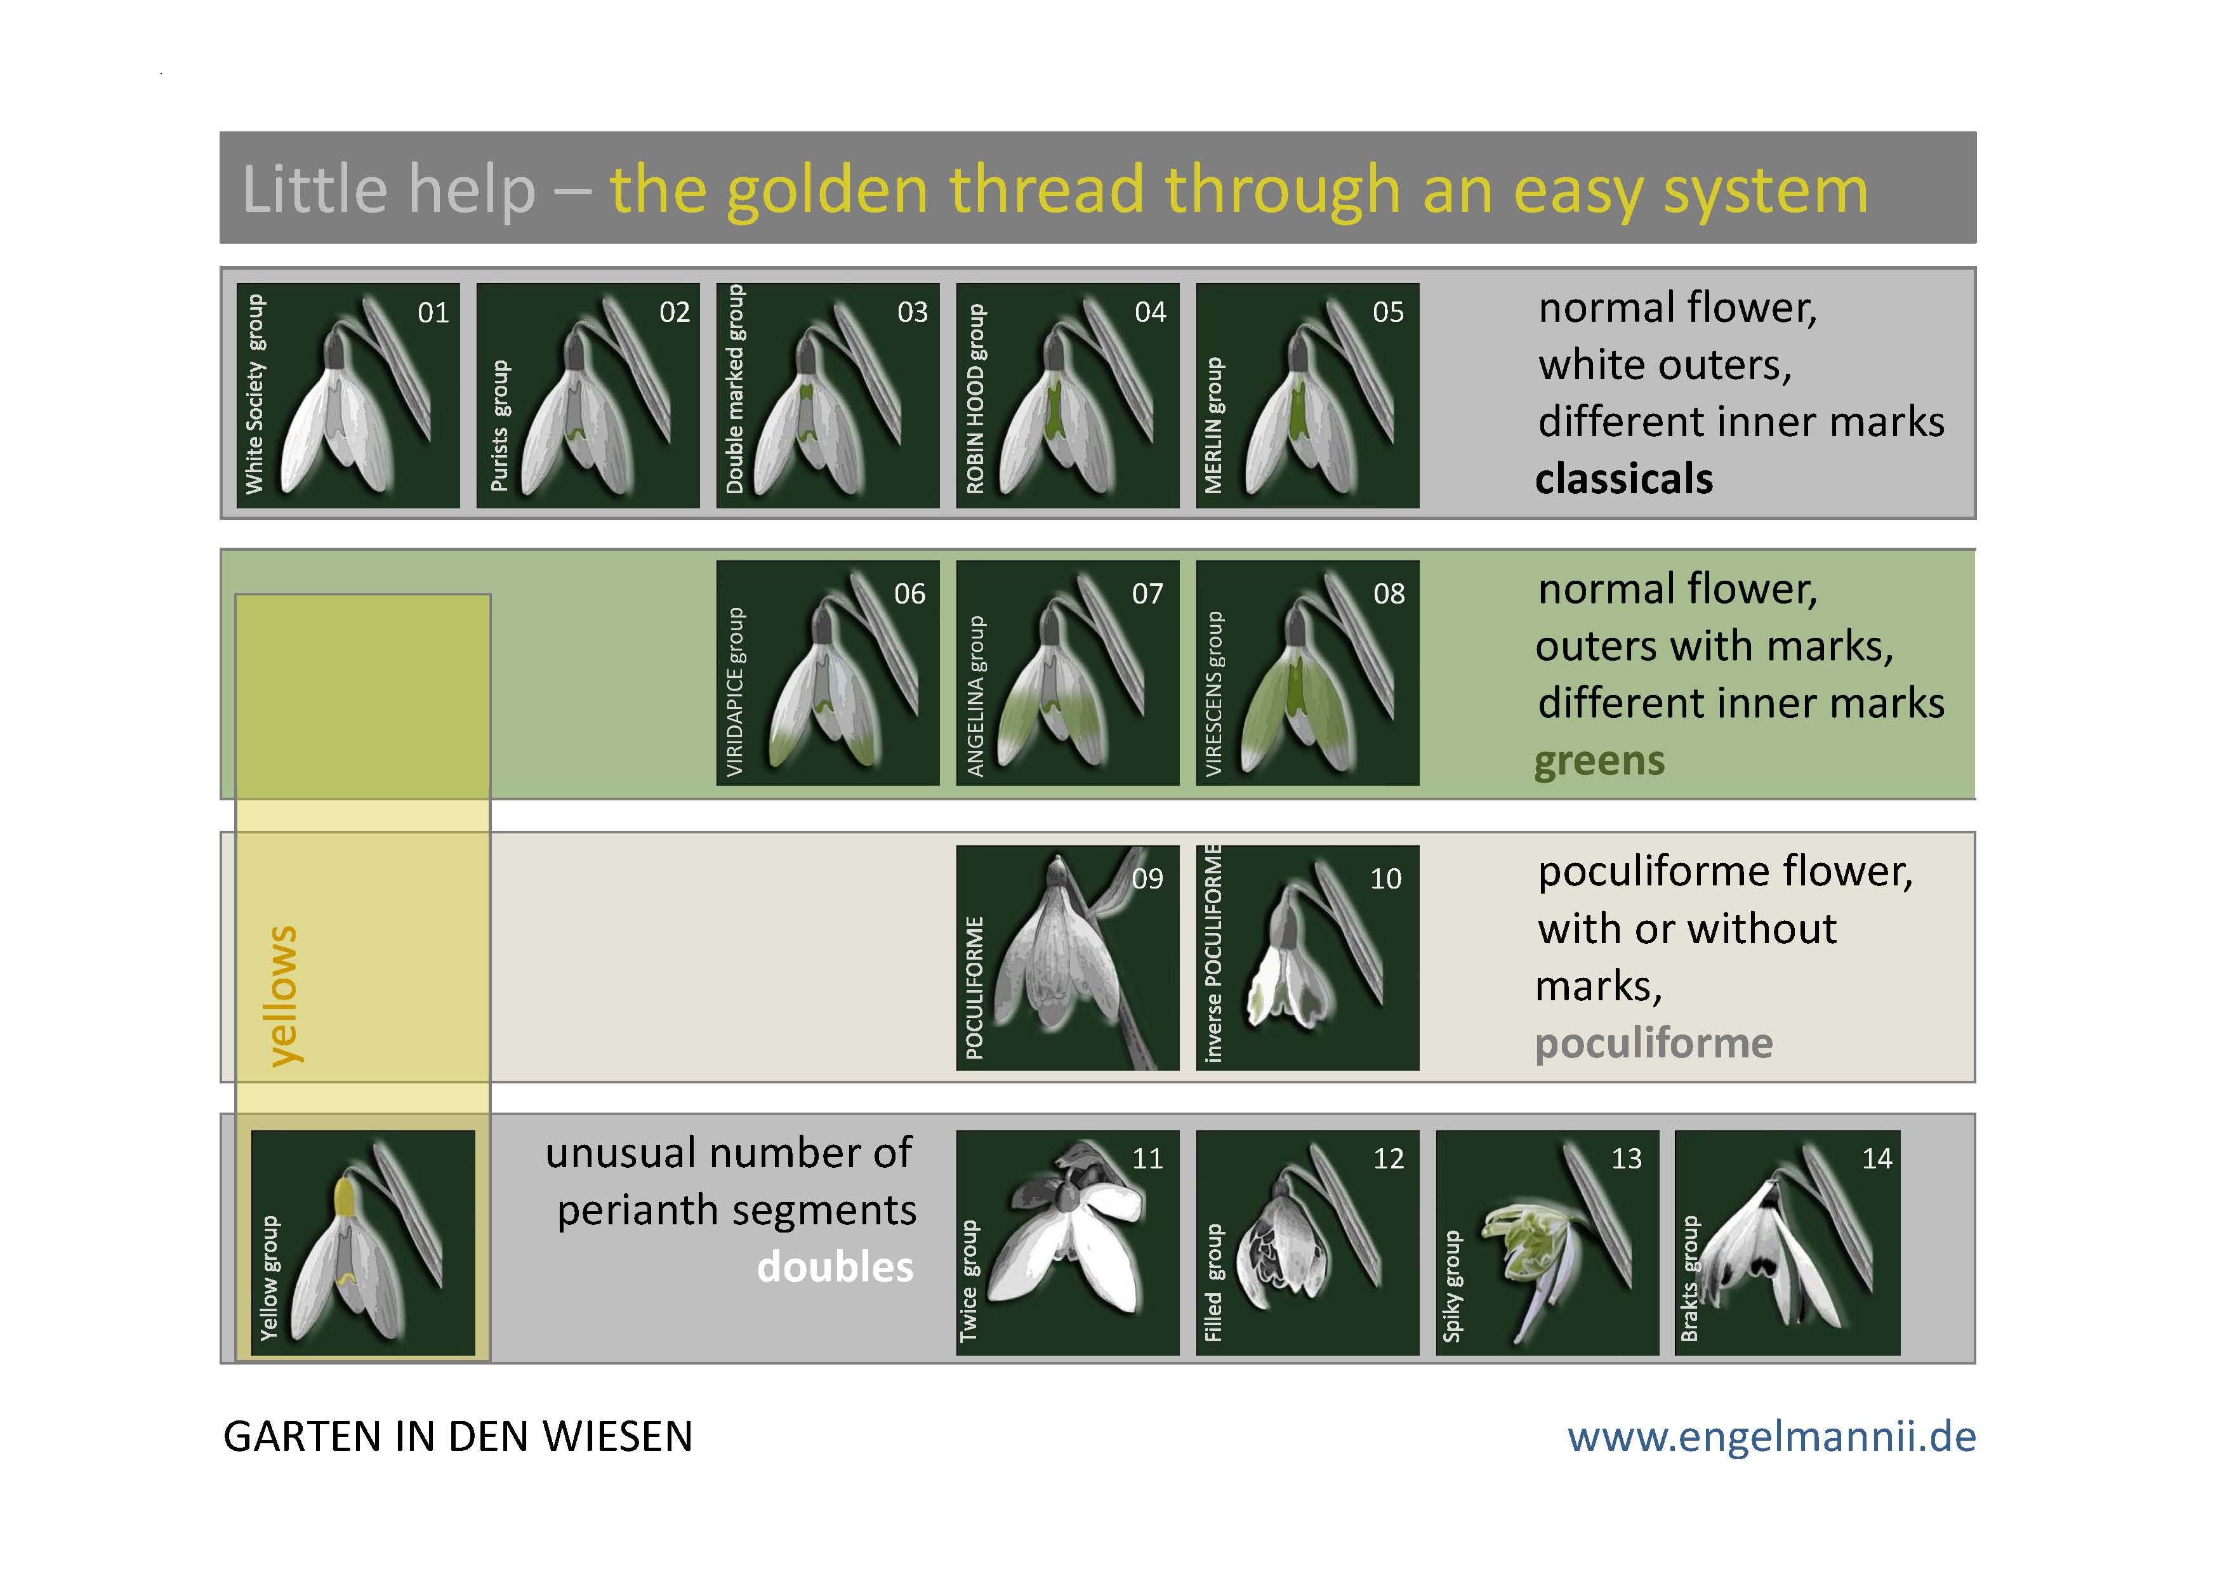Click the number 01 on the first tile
coord(433,312)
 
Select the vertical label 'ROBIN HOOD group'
coord(975,399)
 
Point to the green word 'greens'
coord(1599,762)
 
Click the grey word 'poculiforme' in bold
coord(1654,1043)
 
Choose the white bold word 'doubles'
coord(835,1267)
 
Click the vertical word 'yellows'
coord(283,996)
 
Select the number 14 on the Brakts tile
coord(1877,1159)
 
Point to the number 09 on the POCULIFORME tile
coord(1147,878)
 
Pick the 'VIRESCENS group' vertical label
coord(1213,694)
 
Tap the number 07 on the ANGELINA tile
coord(1147,593)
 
